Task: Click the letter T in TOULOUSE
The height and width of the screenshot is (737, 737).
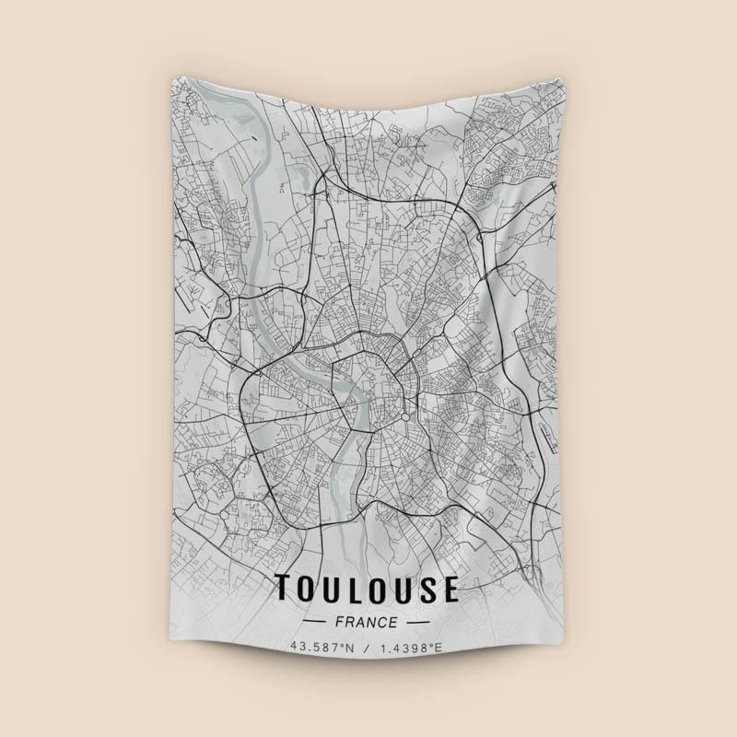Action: coord(285,590)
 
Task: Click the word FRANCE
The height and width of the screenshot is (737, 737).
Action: coord(366,623)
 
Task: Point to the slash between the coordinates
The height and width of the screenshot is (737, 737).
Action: coord(367,648)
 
